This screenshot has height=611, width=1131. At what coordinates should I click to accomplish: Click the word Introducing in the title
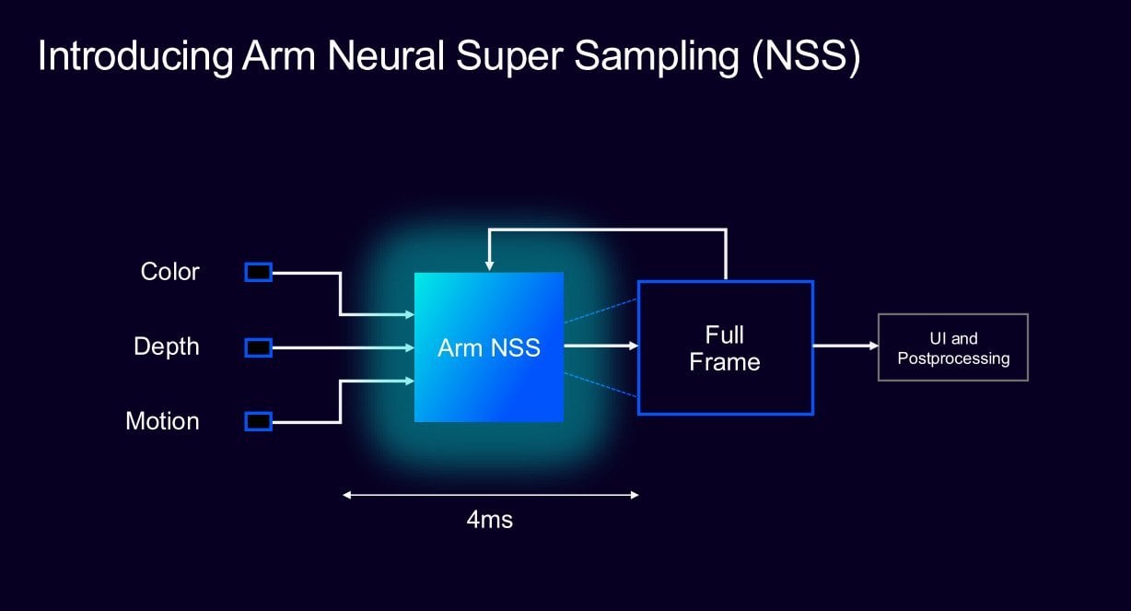[135, 56]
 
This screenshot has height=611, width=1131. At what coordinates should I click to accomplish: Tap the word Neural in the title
[386, 55]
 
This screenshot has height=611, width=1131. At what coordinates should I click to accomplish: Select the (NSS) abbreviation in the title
[806, 56]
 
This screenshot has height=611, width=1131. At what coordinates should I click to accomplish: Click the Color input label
[169, 272]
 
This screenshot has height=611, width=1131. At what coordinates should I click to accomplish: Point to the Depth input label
[167, 347]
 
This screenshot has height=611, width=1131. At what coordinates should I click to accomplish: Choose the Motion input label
[162, 421]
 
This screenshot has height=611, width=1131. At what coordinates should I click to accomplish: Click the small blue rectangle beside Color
[259, 273]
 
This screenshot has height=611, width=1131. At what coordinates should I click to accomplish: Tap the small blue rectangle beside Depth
[259, 347]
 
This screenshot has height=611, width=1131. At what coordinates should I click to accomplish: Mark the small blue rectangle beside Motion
[259, 421]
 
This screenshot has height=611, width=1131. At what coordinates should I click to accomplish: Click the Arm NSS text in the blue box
[489, 347]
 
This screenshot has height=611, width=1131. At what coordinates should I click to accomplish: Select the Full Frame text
[725, 348]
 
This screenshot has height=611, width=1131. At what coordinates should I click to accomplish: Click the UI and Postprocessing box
[953, 347]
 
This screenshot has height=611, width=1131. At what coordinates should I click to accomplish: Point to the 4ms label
[490, 520]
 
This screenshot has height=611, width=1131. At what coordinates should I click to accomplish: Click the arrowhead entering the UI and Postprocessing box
[874, 346]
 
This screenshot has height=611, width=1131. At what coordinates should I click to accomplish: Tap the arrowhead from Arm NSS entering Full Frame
[634, 346]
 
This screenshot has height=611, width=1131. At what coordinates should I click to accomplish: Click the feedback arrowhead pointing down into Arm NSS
[489, 266]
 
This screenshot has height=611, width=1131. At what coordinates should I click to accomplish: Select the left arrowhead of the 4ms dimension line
[347, 495]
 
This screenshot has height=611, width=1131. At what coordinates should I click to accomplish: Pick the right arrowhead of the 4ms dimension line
[635, 495]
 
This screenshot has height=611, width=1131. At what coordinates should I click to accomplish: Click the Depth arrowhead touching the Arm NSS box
[410, 347]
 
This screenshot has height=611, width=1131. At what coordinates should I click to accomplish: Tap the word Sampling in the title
[657, 56]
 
